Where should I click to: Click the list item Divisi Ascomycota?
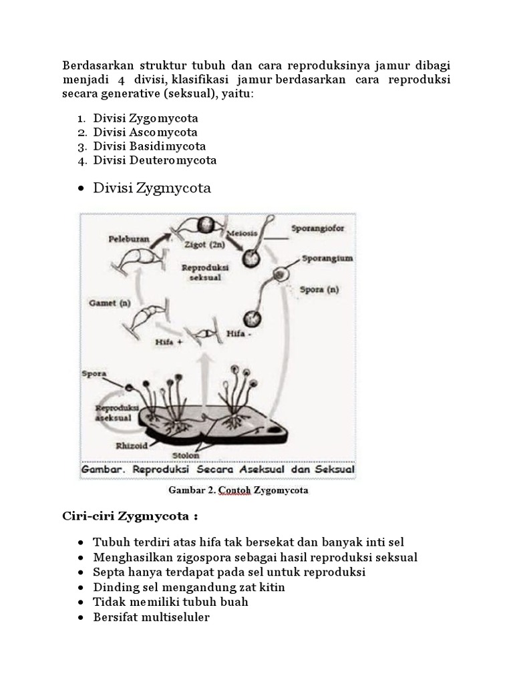pyautogui.click(x=145, y=132)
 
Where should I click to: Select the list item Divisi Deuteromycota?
pyautogui.click(x=154, y=160)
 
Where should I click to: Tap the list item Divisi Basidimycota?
pyautogui.click(x=149, y=146)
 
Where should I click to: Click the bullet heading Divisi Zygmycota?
pyautogui.click(x=152, y=188)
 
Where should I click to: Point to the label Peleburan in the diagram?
pyautogui.click(x=130, y=238)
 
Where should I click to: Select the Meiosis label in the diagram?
pyautogui.click(x=242, y=234)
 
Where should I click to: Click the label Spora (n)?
pyautogui.click(x=321, y=289)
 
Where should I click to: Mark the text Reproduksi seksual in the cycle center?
pyautogui.click(x=205, y=272)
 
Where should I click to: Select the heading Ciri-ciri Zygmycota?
pyautogui.click(x=130, y=517)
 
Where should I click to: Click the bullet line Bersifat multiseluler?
pyautogui.click(x=151, y=617)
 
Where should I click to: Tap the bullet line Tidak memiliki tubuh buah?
pyautogui.click(x=170, y=602)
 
